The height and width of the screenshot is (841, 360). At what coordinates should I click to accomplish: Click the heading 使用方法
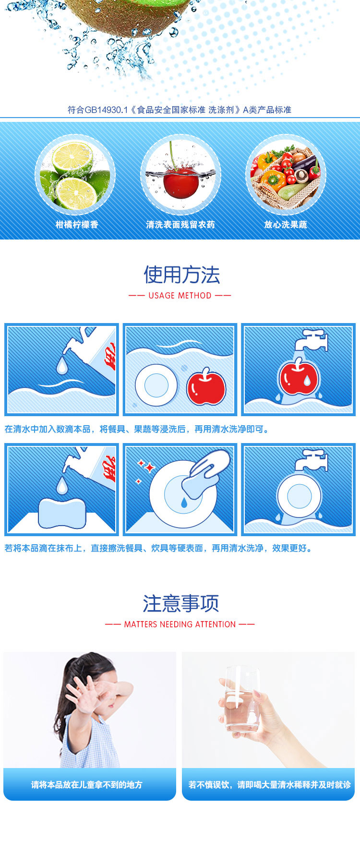(181, 275)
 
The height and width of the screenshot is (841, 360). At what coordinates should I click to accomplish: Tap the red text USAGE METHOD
(180, 296)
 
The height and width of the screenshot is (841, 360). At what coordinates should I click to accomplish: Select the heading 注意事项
(180, 603)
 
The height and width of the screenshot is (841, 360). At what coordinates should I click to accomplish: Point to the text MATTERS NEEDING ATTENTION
(180, 625)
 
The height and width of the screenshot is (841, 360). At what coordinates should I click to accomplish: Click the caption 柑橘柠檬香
(77, 225)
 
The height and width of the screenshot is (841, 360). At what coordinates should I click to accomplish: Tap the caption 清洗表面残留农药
(180, 225)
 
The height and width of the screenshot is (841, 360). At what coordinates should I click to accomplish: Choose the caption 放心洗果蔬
(286, 225)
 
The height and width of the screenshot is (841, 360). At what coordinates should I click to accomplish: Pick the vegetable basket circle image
(286, 175)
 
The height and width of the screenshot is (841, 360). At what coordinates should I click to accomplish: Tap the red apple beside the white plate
(206, 386)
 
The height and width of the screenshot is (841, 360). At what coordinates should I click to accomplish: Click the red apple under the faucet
(298, 377)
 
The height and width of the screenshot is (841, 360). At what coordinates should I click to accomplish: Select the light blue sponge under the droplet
(62, 513)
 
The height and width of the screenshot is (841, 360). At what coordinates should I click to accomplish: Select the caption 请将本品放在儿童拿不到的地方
(87, 785)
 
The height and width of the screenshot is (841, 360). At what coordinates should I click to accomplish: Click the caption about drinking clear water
(269, 785)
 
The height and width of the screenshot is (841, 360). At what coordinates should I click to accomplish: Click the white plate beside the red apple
(156, 385)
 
